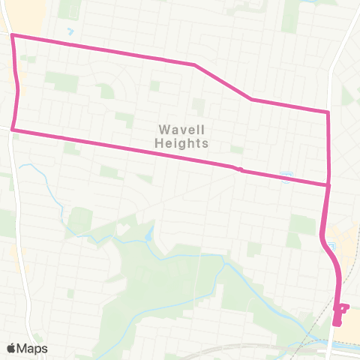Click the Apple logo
click(11, 348)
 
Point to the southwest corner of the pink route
click(13, 130)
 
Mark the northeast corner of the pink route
click(328, 112)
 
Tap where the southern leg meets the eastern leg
click(328, 184)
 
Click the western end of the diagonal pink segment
click(194, 64)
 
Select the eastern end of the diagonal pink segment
click(251, 99)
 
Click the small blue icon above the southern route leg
click(285, 175)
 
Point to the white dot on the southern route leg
click(240, 169)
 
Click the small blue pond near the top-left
click(70, 32)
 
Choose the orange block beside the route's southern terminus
click(351, 319)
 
